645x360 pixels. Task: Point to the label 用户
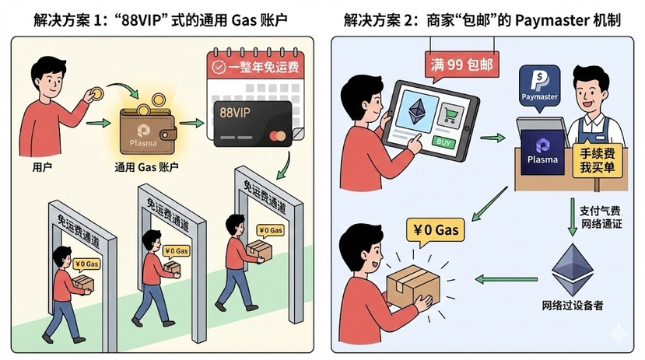[x=43, y=166]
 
